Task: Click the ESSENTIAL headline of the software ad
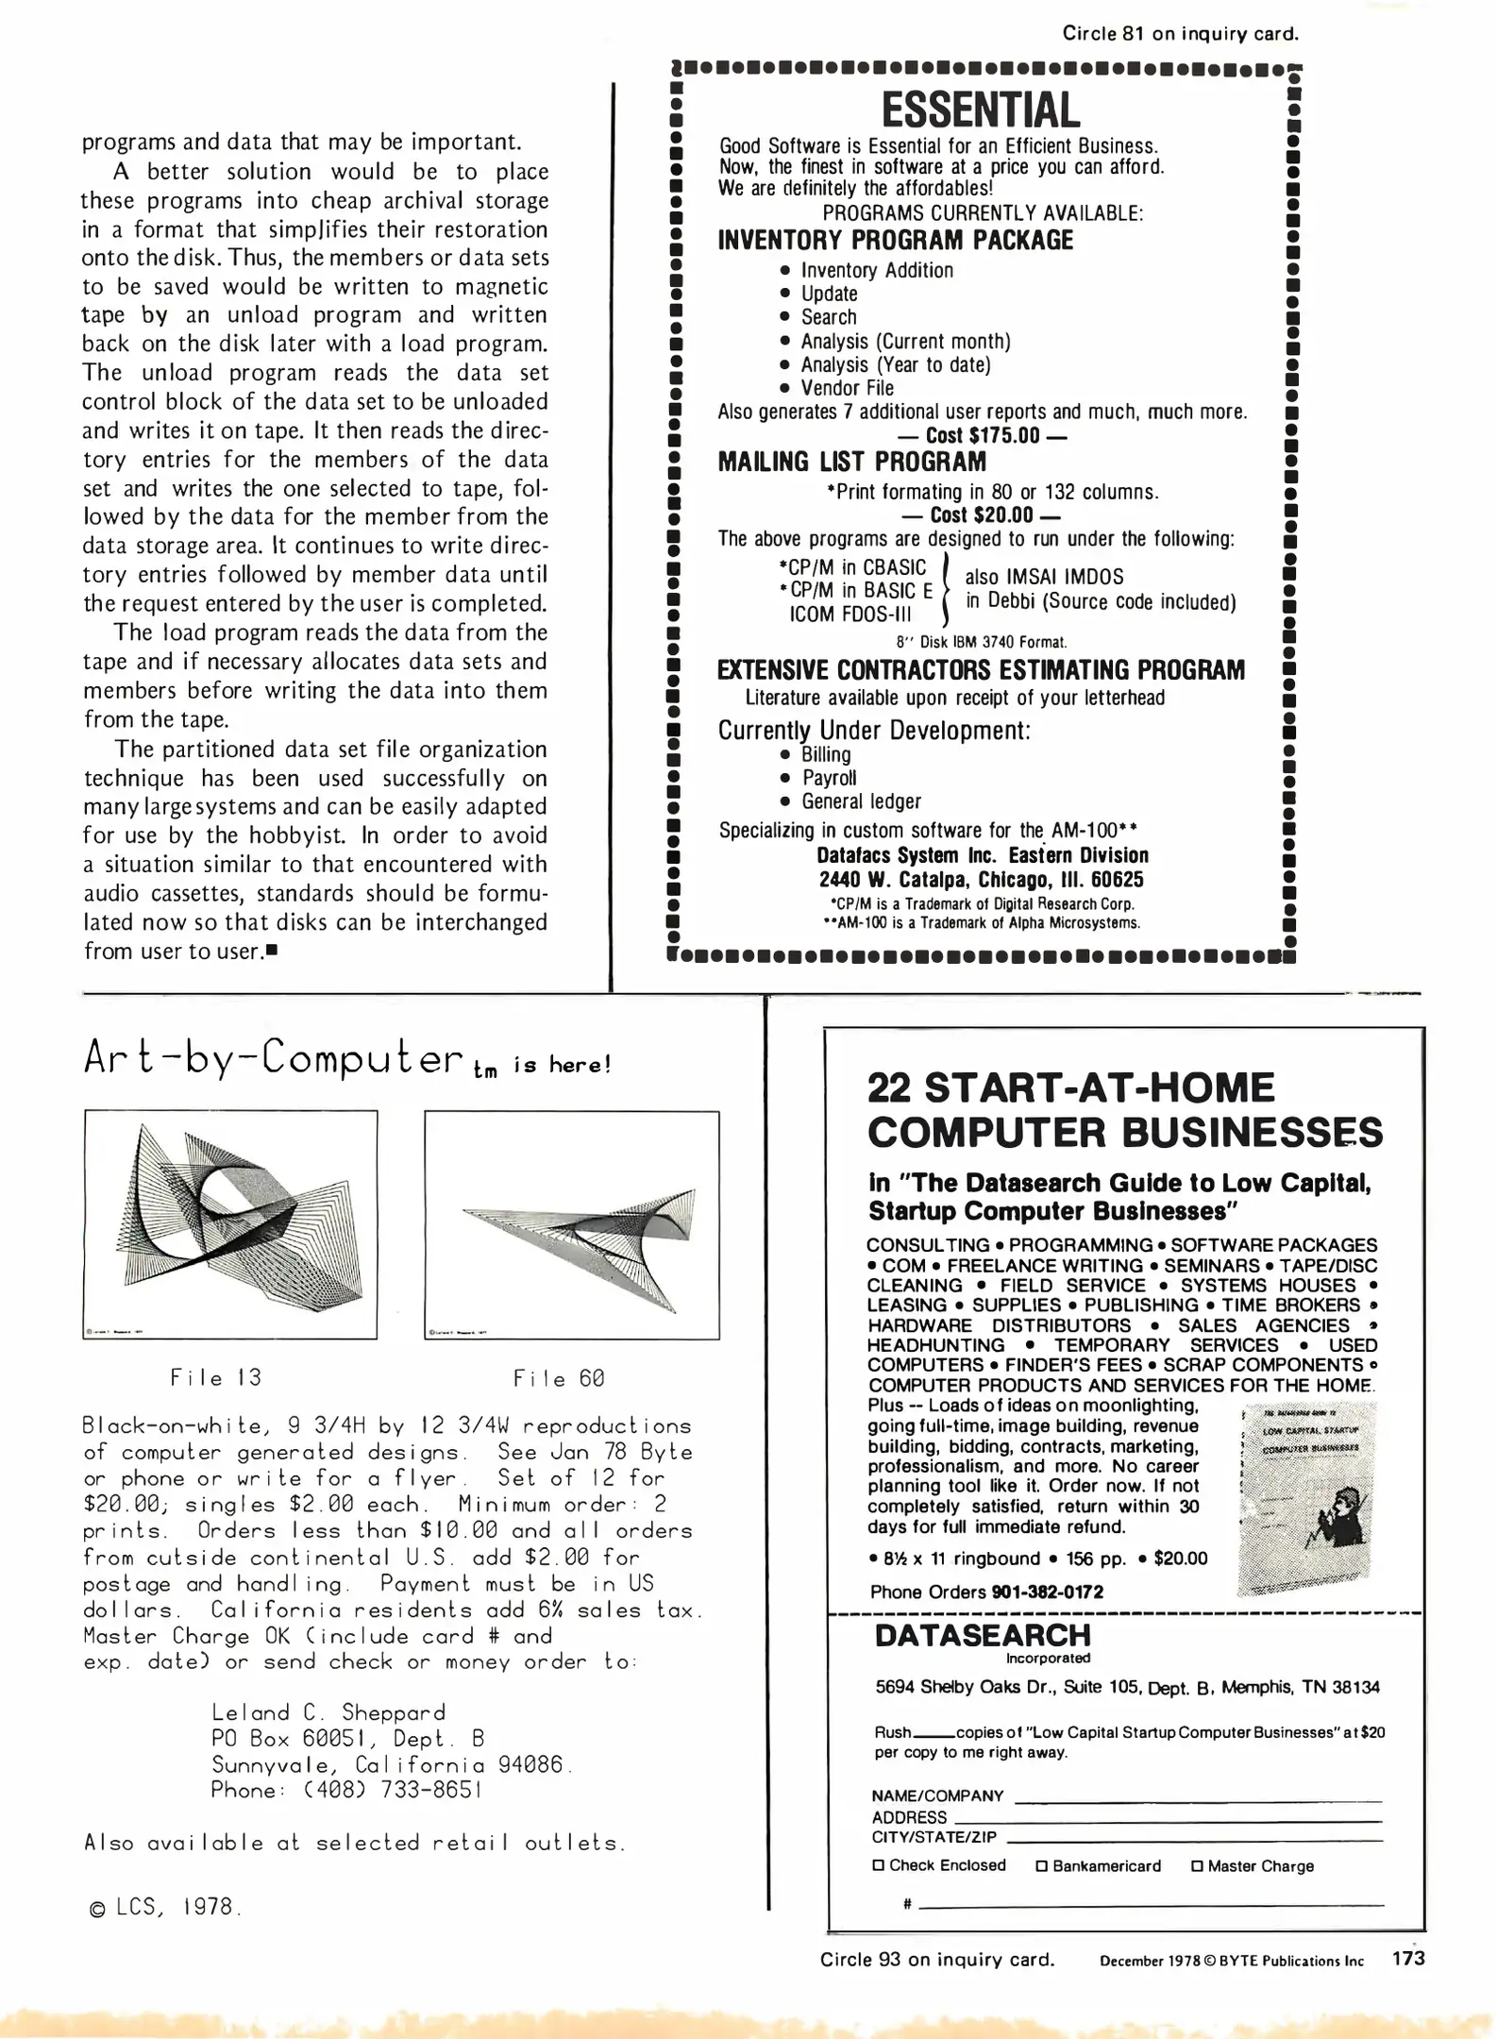[981, 110]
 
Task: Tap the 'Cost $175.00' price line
[982, 436]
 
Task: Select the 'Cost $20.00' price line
[982, 515]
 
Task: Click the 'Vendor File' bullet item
[847, 388]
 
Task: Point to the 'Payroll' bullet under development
[829, 778]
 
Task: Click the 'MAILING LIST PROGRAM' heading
[851, 463]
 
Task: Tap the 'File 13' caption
[216, 1377]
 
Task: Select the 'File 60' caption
[559, 1378]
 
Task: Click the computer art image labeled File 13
[230, 1223]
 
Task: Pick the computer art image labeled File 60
[572, 1223]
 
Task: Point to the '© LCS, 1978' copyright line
[164, 1907]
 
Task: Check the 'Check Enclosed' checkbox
[879, 1865]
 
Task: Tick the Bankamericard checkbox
[1042, 1866]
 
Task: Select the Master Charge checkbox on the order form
[1198, 1866]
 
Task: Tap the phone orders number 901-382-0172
[1047, 1592]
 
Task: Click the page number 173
[1407, 1959]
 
